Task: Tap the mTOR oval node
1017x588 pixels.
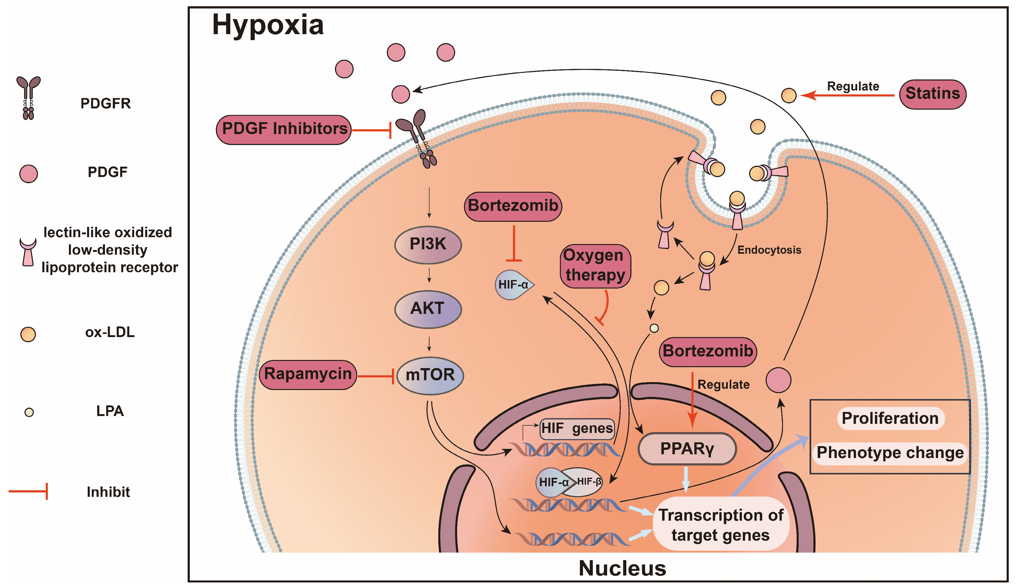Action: pyautogui.click(x=430, y=375)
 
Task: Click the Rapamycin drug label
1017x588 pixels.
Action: pyautogui.click(x=308, y=374)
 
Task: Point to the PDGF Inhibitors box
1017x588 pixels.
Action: pyautogui.click(x=284, y=129)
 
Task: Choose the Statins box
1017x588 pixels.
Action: pyautogui.click(x=932, y=94)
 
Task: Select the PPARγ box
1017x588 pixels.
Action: pyautogui.click(x=687, y=448)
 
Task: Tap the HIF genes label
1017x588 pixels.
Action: pyautogui.click(x=577, y=428)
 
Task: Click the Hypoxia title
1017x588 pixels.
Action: pyautogui.click(x=268, y=25)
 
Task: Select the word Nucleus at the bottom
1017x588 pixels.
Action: pyautogui.click(x=622, y=568)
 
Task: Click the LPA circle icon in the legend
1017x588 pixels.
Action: pyautogui.click(x=29, y=412)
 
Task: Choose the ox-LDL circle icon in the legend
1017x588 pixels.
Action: pyautogui.click(x=28, y=334)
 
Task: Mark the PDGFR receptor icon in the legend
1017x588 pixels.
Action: pyautogui.click(x=28, y=98)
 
